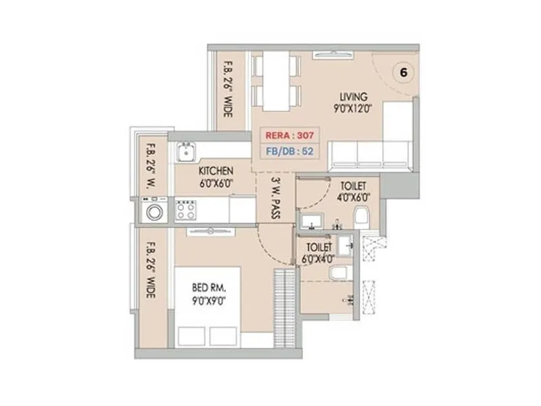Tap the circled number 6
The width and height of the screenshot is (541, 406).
click(x=403, y=72)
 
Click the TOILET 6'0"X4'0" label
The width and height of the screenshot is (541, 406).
click(x=321, y=253)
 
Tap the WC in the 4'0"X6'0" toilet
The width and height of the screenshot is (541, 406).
click(x=362, y=215)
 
